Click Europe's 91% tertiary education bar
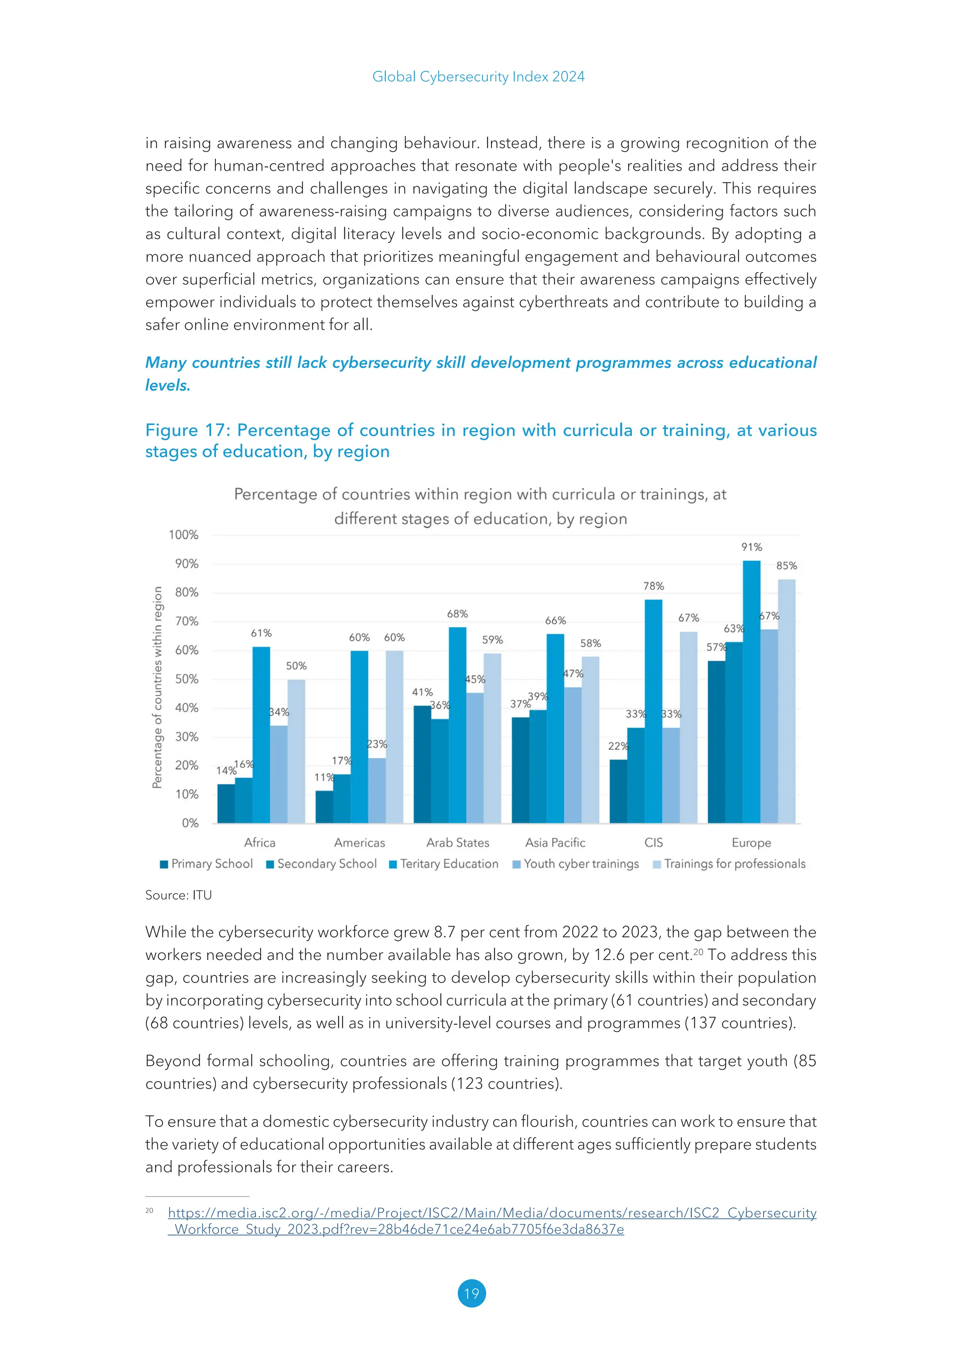(751, 692)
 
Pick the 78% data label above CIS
(653, 586)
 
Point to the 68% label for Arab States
(457, 613)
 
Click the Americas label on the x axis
(359, 842)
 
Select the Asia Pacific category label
(555, 842)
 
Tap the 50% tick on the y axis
(187, 679)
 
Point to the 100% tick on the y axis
(184, 534)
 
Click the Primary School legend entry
(207, 864)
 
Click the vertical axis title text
(157, 687)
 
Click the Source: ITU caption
(178, 895)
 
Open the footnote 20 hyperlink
(492, 1213)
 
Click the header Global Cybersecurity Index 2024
(478, 77)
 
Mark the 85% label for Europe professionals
(786, 566)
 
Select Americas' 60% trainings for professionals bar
(394, 736)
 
